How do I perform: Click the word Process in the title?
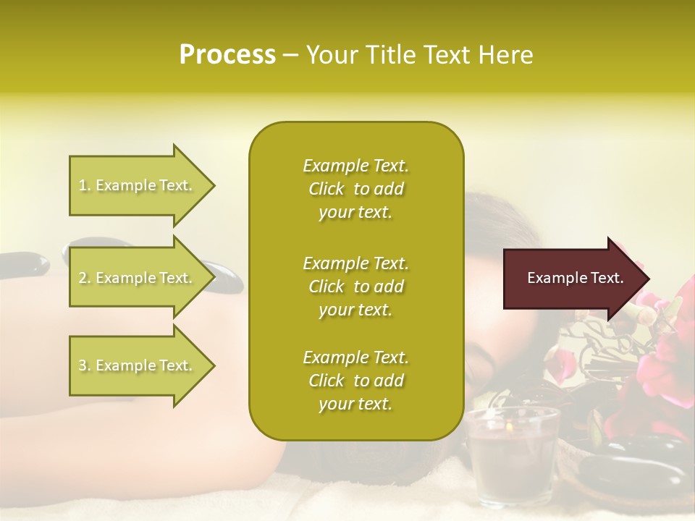(x=227, y=55)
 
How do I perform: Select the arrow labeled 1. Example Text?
(x=138, y=185)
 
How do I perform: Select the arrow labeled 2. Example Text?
(x=138, y=278)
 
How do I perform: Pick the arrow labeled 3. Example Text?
(x=138, y=365)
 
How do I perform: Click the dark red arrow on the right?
(x=572, y=279)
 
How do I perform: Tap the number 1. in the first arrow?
(x=85, y=185)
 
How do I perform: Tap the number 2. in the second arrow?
(x=85, y=278)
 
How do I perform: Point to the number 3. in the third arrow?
(x=85, y=365)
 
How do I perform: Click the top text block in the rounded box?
(x=355, y=189)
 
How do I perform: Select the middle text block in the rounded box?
(x=355, y=286)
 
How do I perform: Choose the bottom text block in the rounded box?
(x=355, y=381)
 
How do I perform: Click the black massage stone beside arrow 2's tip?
(x=226, y=276)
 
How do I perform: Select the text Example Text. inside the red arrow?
(x=575, y=278)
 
